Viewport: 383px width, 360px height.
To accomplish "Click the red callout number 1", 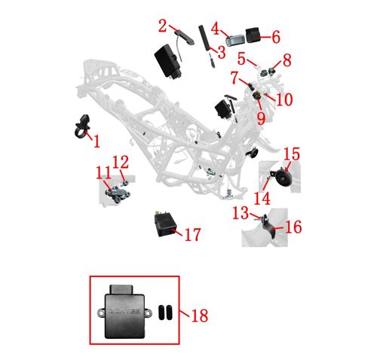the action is point(97,141).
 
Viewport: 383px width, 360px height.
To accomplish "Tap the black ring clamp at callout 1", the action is point(81,126).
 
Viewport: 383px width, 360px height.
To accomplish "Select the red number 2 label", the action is point(162,26).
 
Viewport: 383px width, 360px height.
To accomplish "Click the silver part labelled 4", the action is point(235,40).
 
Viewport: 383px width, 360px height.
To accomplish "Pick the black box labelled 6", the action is point(253,35).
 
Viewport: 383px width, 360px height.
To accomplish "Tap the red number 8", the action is point(287,60).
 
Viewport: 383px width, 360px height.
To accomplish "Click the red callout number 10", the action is point(284,99).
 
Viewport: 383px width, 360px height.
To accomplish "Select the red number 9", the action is point(261,118).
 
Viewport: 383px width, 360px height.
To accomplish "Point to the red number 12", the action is point(121,162).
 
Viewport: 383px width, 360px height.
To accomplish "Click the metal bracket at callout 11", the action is point(117,194).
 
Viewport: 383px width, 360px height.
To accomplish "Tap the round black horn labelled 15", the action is point(282,177).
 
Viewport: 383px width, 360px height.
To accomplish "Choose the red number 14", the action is point(262,198).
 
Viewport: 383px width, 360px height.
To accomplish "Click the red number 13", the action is point(241,213).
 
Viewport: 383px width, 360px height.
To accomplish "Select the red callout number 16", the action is point(293,227).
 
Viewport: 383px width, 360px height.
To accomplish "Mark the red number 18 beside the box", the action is point(200,316).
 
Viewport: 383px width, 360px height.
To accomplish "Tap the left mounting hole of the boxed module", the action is point(101,313).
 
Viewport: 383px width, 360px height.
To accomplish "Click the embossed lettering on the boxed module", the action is point(124,311).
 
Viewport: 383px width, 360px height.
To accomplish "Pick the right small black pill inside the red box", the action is point(169,313).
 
